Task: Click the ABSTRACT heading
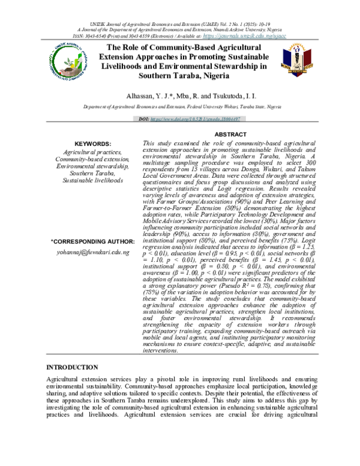230,135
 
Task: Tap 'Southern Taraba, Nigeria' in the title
179,76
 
